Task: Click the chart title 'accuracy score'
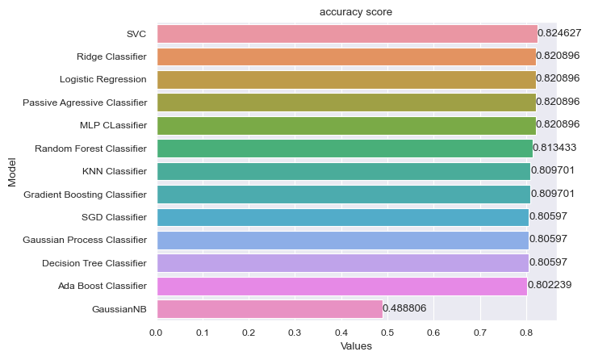coord(355,12)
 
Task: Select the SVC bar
coord(346,34)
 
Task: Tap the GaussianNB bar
coord(269,309)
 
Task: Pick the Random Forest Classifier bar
coord(344,149)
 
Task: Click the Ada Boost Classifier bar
coord(341,286)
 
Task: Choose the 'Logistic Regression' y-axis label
coord(103,79)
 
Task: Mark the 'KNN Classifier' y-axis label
coord(115,171)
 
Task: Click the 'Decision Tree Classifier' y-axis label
coord(94,263)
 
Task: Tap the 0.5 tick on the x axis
coord(387,332)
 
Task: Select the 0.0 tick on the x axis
coord(157,332)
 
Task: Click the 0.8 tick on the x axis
coord(526,332)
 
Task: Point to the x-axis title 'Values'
coord(355,347)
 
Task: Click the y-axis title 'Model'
coord(12,171)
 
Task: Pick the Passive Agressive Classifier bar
coord(345,103)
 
